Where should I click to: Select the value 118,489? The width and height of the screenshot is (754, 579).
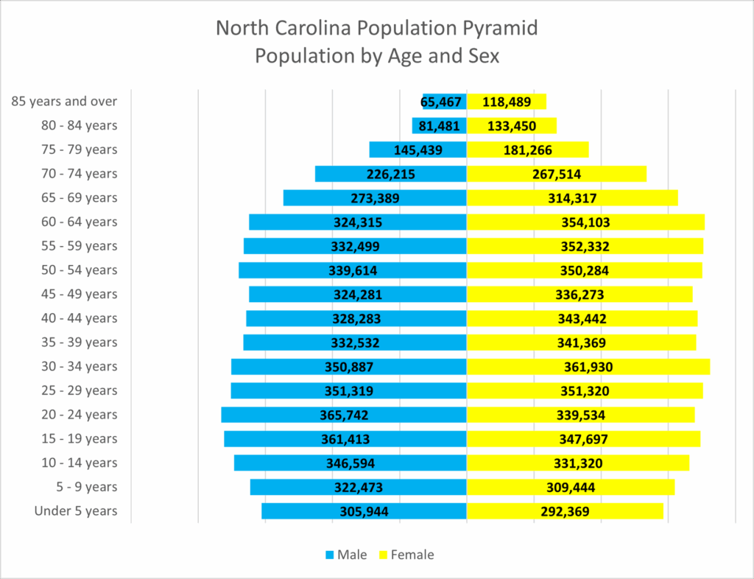pos(507,102)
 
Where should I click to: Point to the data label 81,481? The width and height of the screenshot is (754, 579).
pos(439,126)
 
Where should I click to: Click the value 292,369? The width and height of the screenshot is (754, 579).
pos(562,511)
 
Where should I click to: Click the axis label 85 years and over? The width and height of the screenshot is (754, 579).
pos(65,102)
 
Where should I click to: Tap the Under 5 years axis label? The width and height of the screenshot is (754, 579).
pos(76,511)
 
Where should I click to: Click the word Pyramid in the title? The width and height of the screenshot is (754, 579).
pos(501,29)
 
